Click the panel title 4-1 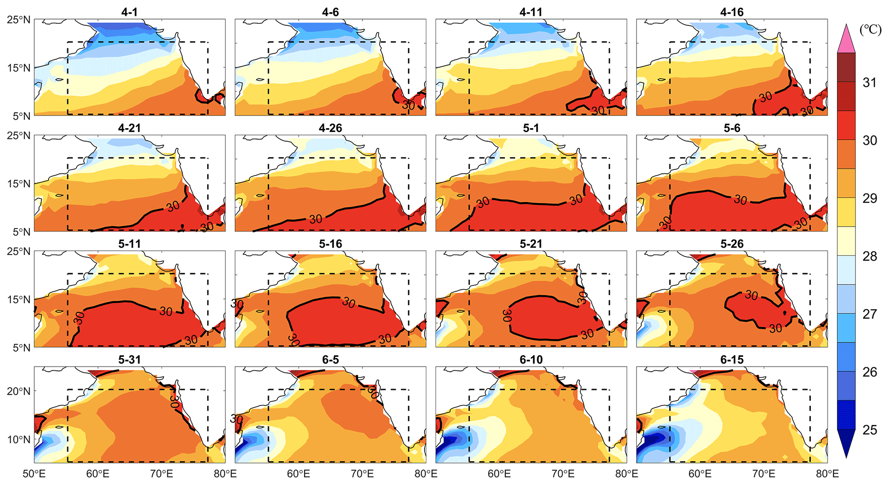pyautogui.click(x=129, y=12)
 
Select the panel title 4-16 pyautogui.click(x=732, y=12)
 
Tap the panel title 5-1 pyautogui.click(x=531, y=128)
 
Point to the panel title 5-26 pyautogui.click(x=732, y=244)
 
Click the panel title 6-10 pyautogui.click(x=531, y=359)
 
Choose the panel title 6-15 pyautogui.click(x=732, y=359)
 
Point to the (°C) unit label pyautogui.click(x=870, y=30)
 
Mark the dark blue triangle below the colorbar pyautogui.click(x=846, y=443)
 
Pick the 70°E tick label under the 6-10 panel pyautogui.click(x=563, y=474)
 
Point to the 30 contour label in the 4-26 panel pyautogui.click(x=316, y=219)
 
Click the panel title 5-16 pyautogui.click(x=330, y=244)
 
